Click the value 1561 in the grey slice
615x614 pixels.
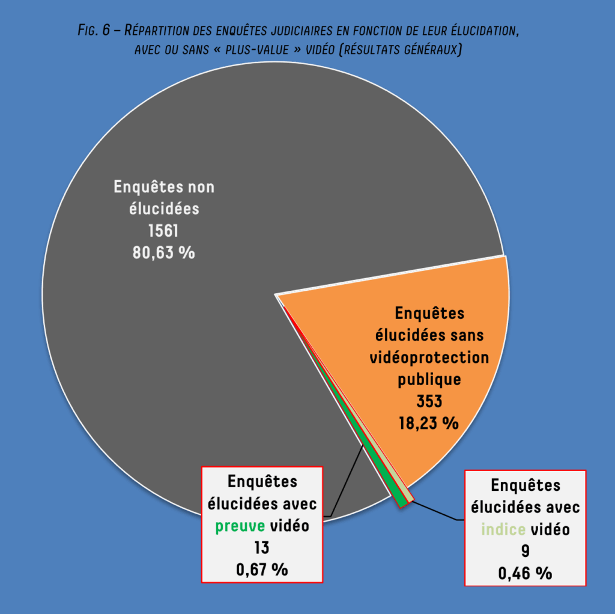click(x=163, y=231)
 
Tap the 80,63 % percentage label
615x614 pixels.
click(x=163, y=253)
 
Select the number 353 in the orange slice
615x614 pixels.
click(x=429, y=401)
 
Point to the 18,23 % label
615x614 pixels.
click(x=429, y=423)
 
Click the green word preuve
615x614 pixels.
click(x=240, y=526)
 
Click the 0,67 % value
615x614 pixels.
click(x=262, y=569)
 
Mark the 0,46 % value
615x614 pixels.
click(x=525, y=573)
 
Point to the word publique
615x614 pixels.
click(x=429, y=380)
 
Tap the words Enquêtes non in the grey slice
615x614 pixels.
click(x=164, y=187)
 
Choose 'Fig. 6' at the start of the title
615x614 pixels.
click(x=94, y=31)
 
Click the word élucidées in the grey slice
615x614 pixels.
click(x=164, y=209)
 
